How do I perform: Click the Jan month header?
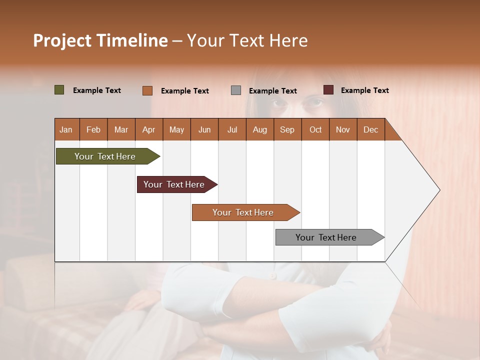click(x=66, y=129)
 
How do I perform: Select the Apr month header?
click(x=148, y=129)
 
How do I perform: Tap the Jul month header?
click(x=232, y=129)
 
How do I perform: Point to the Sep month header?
click(x=287, y=129)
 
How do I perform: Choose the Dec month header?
click(x=370, y=129)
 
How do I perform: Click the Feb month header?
click(x=93, y=129)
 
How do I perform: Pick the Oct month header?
click(x=315, y=129)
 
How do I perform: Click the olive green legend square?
click(x=59, y=90)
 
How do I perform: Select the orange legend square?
click(x=147, y=90)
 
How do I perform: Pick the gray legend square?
click(x=236, y=90)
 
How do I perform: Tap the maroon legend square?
click(x=328, y=90)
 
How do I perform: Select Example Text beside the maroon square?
click(x=364, y=90)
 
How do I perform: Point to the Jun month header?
click(x=204, y=129)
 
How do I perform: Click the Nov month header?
click(x=342, y=129)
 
